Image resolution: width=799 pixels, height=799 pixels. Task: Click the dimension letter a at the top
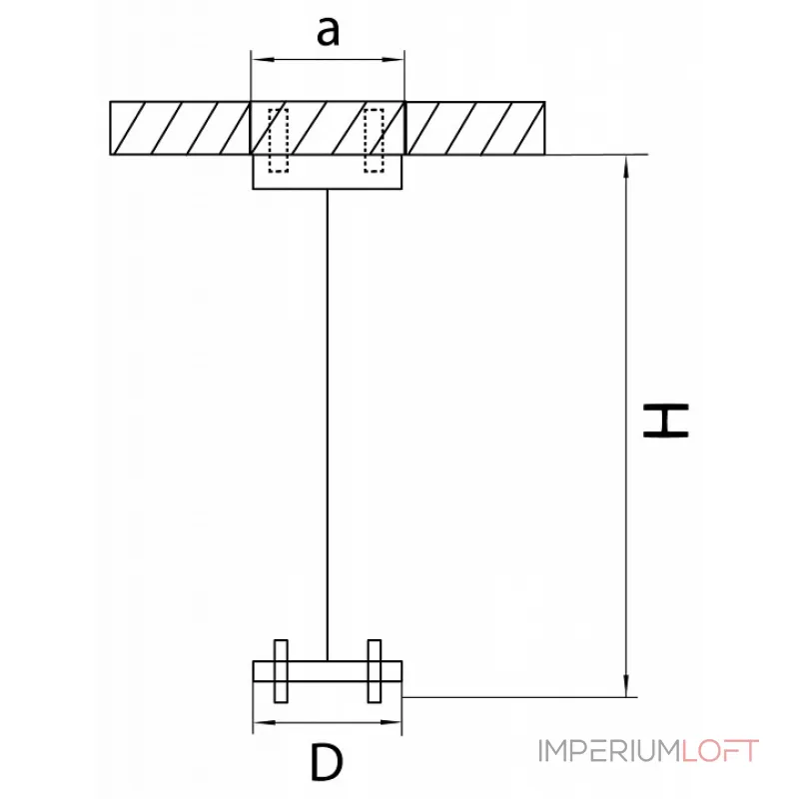pyautogui.click(x=328, y=31)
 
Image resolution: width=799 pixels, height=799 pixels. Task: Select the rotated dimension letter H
pyautogui.click(x=664, y=420)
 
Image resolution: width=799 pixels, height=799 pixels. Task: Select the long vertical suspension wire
pyautogui.click(x=327, y=419)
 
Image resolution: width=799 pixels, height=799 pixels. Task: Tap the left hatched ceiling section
pyautogui.click(x=180, y=128)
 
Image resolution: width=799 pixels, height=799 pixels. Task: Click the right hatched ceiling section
pyautogui.click(x=475, y=128)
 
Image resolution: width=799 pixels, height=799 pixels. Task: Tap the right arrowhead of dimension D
pyautogui.click(x=396, y=721)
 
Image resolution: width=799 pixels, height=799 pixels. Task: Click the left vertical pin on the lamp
pyautogui.click(x=280, y=671)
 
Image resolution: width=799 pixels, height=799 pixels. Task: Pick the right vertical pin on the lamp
pyautogui.click(x=375, y=671)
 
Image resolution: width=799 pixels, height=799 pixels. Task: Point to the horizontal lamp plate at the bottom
pyautogui.click(x=327, y=671)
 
